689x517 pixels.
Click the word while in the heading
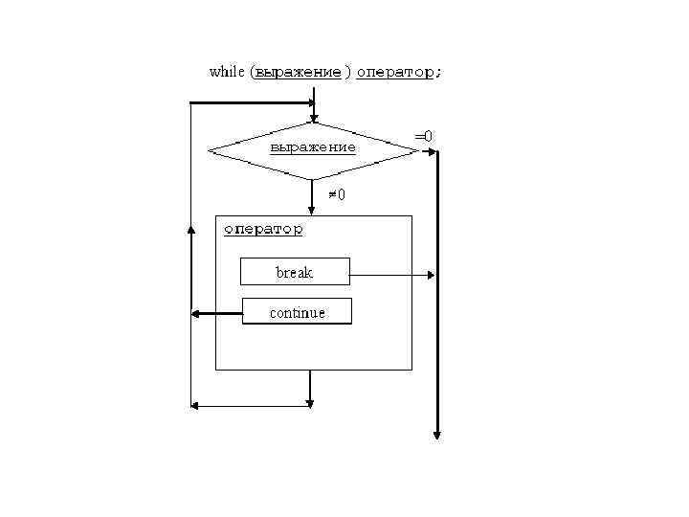(226, 72)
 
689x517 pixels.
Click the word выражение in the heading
(298, 73)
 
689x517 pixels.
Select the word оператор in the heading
(394, 73)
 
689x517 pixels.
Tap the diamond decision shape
(313, 149)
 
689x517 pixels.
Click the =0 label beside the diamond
(423, 136)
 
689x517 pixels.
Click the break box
(295, 272)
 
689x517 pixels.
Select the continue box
(297, 312)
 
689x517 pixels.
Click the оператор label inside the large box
(263, 230)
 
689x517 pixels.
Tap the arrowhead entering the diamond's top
(313, 118)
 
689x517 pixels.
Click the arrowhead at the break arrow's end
(432, 276)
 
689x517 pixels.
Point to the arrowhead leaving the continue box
(195, 313)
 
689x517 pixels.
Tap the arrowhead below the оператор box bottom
(310, 400)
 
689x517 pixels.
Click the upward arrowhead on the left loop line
(191, 235)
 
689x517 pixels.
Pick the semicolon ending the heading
(438, 73)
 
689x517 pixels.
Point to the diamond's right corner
(417, 150)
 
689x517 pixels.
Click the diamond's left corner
(210, 150)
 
